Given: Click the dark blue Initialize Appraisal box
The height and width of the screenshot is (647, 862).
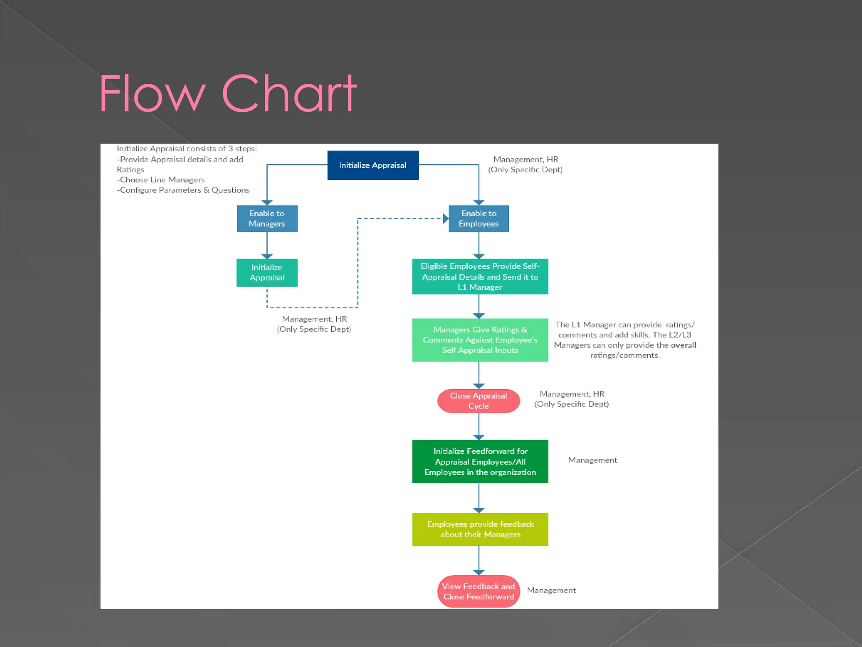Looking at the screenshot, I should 373,165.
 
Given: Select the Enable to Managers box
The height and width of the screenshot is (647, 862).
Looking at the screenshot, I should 267,219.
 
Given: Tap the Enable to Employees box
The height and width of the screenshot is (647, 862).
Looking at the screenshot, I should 479,219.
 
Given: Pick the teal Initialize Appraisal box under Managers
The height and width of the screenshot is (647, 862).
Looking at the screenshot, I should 267,273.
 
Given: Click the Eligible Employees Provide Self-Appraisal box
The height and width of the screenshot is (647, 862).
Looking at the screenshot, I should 480,277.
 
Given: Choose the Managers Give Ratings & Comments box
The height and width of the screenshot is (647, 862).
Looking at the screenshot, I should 480,340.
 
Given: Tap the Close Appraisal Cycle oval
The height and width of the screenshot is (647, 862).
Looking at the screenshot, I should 479,401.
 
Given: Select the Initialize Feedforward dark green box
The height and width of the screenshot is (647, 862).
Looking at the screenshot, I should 480,462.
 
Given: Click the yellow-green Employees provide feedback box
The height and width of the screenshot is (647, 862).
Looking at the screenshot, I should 480,529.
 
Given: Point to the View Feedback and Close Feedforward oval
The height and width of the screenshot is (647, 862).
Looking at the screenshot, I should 479,591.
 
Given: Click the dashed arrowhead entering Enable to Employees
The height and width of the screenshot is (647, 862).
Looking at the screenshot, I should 445,219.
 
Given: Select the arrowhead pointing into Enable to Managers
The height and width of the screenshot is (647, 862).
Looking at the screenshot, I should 267,203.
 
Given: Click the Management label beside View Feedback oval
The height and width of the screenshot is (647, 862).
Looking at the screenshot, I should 551,591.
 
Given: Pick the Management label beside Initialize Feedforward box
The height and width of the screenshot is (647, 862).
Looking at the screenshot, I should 592,460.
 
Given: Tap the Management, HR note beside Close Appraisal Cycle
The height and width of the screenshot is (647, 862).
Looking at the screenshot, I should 572,399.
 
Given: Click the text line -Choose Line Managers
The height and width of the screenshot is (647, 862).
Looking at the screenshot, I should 161,180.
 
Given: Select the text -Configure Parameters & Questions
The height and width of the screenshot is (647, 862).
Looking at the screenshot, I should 183,190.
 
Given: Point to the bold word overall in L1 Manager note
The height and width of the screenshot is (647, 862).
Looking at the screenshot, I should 683,345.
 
